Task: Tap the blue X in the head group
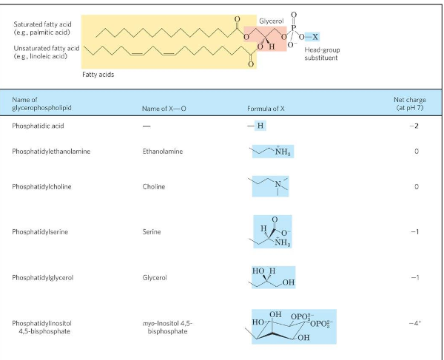(x=316, y=36)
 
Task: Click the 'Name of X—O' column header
(x=163, y=109)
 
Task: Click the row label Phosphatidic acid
(x=38, y=126)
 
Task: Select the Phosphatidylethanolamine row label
(x=55, y=151)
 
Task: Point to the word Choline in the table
(x=153, y=187)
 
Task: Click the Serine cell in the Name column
(x=151, y=231)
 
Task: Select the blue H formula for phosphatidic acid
(x=260, y=126)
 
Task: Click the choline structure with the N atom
(x=271, y=186)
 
